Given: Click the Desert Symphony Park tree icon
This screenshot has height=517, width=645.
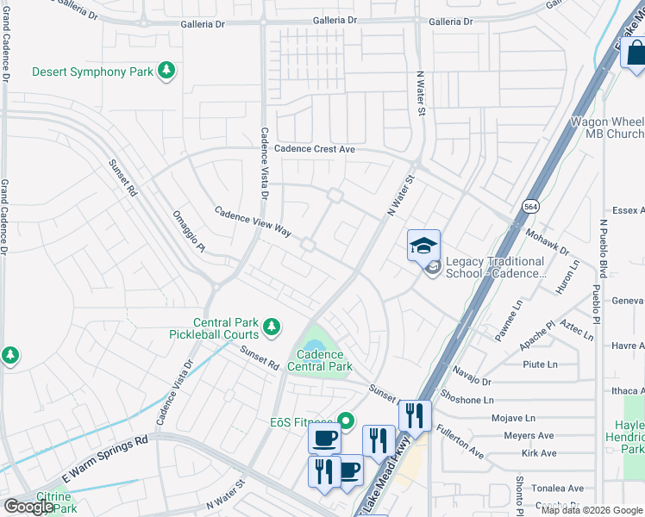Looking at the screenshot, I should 166,72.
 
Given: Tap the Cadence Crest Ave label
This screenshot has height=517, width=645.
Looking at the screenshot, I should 315,149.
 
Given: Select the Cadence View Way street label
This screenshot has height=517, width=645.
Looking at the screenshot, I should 253,221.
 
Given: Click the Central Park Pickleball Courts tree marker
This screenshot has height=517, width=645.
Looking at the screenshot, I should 272,326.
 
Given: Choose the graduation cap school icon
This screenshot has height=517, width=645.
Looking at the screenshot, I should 423,246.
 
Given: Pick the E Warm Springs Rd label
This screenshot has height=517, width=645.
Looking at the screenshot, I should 105,460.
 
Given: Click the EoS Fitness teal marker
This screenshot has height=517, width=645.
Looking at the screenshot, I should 347,421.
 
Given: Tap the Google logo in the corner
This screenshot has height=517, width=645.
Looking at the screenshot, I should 28,507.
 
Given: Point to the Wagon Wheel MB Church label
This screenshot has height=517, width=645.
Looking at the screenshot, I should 607,128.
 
